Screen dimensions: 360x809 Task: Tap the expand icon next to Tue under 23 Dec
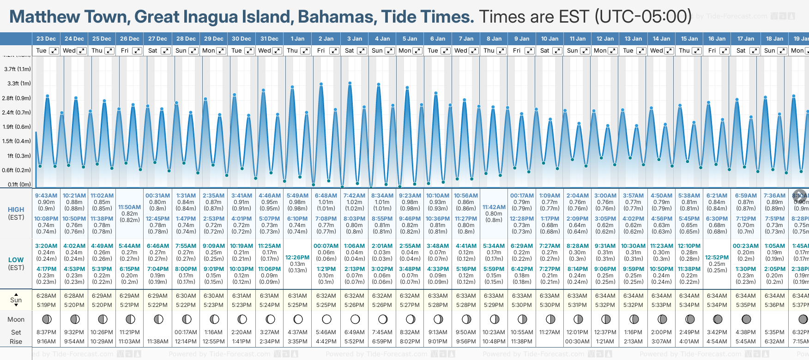pos(54,51)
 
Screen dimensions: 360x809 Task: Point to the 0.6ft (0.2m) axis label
pos(16,170)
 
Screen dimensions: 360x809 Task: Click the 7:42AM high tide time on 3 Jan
pos(354,196)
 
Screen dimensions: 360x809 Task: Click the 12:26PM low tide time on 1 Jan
pos(297,258)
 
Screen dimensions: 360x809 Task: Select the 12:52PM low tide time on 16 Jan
pos(717,258)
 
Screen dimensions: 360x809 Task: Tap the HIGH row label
pos(16,210)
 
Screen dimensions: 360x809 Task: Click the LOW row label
pos(16,260)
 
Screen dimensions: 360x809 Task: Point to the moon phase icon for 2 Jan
pos(326,319)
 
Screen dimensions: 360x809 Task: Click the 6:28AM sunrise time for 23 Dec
pos(46,296)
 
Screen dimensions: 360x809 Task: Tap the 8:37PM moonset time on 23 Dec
pos(46,332)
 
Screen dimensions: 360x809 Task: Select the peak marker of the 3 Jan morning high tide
pos(350,83)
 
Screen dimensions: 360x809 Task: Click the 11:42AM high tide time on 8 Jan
pos(494,207)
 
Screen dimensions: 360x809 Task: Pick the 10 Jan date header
pos(549,39)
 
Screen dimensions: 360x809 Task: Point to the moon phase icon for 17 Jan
pos(746,319)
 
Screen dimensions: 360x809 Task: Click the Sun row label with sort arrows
pos(16,300)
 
